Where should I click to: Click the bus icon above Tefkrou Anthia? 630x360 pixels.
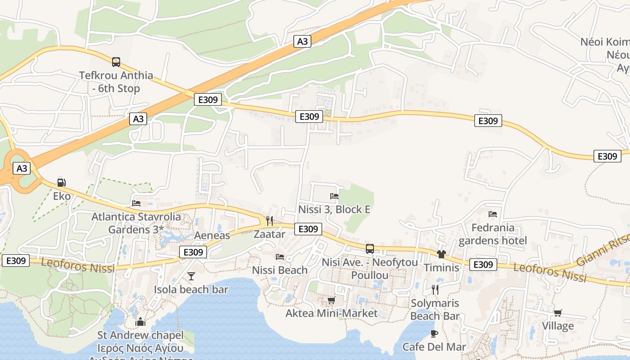(116, 62)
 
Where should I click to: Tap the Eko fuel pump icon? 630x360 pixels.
(62, 183)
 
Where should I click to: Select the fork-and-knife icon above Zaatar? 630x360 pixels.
(270, 220)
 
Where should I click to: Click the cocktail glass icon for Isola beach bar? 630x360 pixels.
(191, 276)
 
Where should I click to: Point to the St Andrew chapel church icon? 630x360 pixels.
(140, 322)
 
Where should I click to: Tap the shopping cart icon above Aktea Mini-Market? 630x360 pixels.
(332, 300)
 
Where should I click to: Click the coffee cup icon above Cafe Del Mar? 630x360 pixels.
(434, 333)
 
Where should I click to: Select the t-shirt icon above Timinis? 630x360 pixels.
(441, 254)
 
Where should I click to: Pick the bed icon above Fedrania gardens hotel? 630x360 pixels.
(493, 214)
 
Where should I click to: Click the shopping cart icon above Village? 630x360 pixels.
(558, 313)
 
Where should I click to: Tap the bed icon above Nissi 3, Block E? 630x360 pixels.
(334, 196)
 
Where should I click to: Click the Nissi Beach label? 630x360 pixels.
(280, 270)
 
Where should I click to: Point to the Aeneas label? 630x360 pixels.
(212, 235)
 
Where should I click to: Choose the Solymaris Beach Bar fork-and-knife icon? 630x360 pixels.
(435, 289)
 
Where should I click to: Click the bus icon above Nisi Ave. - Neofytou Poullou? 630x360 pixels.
(370, 248)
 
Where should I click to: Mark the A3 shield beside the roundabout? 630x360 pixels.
(22, 169)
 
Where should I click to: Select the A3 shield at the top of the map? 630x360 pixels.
(302, 41)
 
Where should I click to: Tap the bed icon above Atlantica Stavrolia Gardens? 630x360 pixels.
(136, 203)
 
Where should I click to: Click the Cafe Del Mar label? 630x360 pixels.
(434, 347)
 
